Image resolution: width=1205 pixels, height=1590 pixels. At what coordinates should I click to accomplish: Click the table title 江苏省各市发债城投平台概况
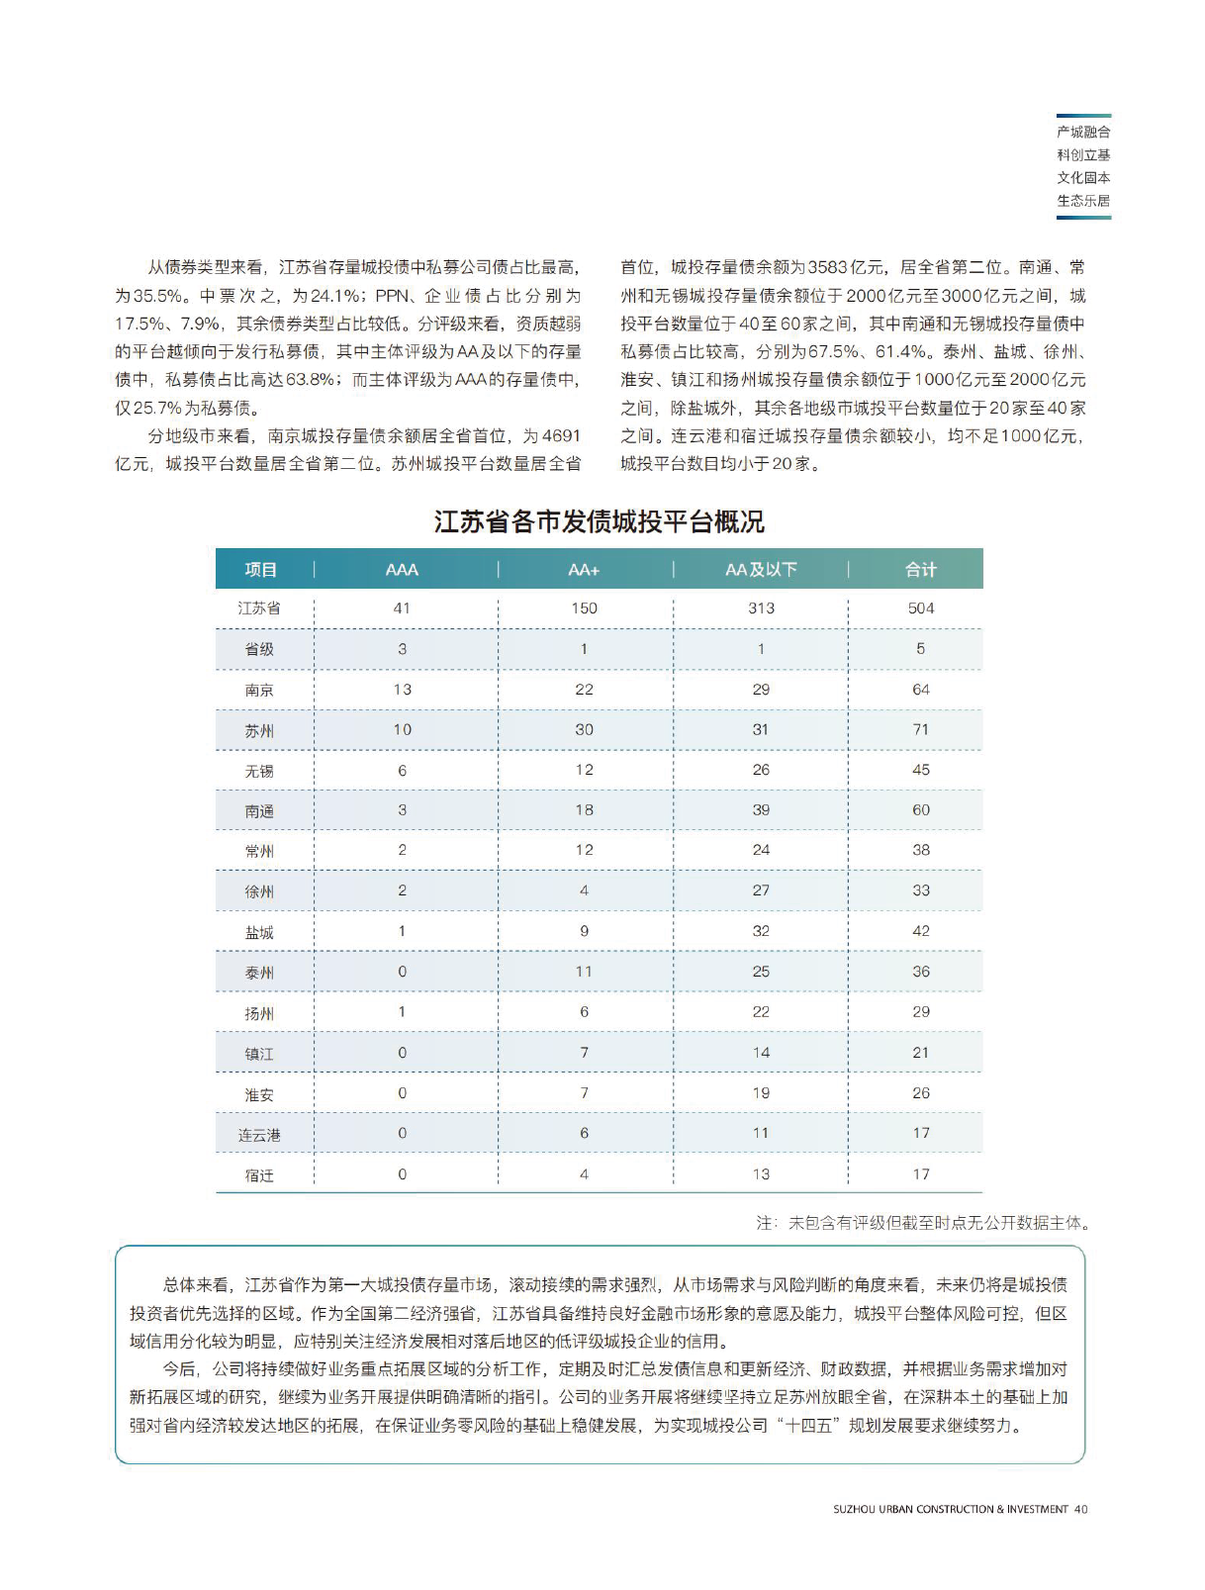[x=599, y=522]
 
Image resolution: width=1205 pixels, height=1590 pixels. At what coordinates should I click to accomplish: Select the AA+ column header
[x=584, y=570]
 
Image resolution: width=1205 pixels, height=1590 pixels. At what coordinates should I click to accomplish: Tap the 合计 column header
[x=920, y=570]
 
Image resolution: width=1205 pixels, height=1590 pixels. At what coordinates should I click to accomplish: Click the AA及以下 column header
[x=761, y=570]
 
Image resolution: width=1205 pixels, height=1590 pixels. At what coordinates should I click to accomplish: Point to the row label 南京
[x=259, y=691]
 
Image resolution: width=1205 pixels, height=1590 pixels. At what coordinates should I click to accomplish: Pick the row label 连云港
[x=259, y=1135]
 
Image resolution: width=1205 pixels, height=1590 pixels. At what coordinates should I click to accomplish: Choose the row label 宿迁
[x=259, y=1175]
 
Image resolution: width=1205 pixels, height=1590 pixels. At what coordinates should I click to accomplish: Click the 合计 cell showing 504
[x=920, y=608]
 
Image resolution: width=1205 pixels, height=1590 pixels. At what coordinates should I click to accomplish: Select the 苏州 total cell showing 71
[x=920, y=730]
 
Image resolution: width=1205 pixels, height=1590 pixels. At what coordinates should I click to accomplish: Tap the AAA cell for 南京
[x=402, y=690]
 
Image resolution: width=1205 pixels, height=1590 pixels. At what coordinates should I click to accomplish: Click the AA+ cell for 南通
[x=584, y=810]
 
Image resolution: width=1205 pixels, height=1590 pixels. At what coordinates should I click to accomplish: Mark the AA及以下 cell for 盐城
[x=761, y=931]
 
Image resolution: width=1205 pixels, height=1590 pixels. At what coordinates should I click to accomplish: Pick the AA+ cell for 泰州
[x=584, y=972]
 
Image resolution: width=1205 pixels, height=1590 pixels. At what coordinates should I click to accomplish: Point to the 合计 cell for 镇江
[x=920, y=1053]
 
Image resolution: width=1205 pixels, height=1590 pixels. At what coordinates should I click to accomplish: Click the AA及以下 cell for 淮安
[x=761, y=1093]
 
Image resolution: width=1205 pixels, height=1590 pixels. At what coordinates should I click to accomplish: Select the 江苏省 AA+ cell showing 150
[x=584, y=608]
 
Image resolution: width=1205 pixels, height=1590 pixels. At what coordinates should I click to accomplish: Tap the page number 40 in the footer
[x=1080, y=1509]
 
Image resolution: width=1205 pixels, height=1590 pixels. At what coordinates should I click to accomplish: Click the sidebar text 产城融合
[x=1083, y=132]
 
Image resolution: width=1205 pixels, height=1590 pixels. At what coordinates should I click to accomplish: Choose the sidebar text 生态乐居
[x=1083, y=201]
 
